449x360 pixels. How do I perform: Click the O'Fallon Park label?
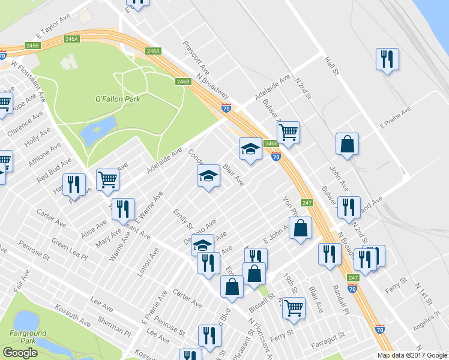(x=118, y=99)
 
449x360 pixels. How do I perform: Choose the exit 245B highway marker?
(x=32, y=46)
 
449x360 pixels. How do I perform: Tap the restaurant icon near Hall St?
(x=387, y=59)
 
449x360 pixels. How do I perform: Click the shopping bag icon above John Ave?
(x=347, y=144)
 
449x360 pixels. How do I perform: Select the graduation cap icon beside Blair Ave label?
(x=208, y=176)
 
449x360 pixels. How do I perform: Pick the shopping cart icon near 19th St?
(x=294, y=308)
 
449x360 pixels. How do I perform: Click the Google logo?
(x=20, y=353)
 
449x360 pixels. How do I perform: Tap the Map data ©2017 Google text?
(x=412, y=355)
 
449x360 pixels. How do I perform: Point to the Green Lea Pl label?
(x=69, y=249)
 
